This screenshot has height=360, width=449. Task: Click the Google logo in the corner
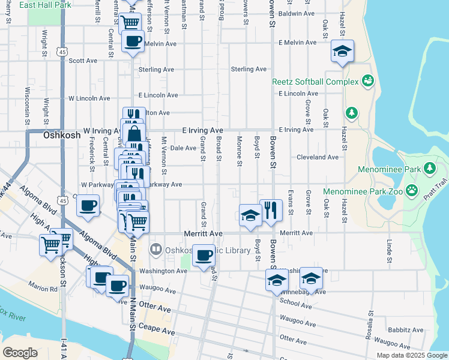tap(20, 353)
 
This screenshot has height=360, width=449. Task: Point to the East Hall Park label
tap(45, 5)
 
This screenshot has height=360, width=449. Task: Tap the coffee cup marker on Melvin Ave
tap(133, 41)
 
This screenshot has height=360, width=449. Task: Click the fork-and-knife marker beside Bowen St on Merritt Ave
tap(271, 210)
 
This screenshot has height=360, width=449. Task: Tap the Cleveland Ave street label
tap(318, 157)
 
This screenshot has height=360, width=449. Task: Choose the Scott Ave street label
tap(83, 61)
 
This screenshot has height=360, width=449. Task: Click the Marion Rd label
tap(46, 288)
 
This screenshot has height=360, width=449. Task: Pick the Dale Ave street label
tap(184, 148)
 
